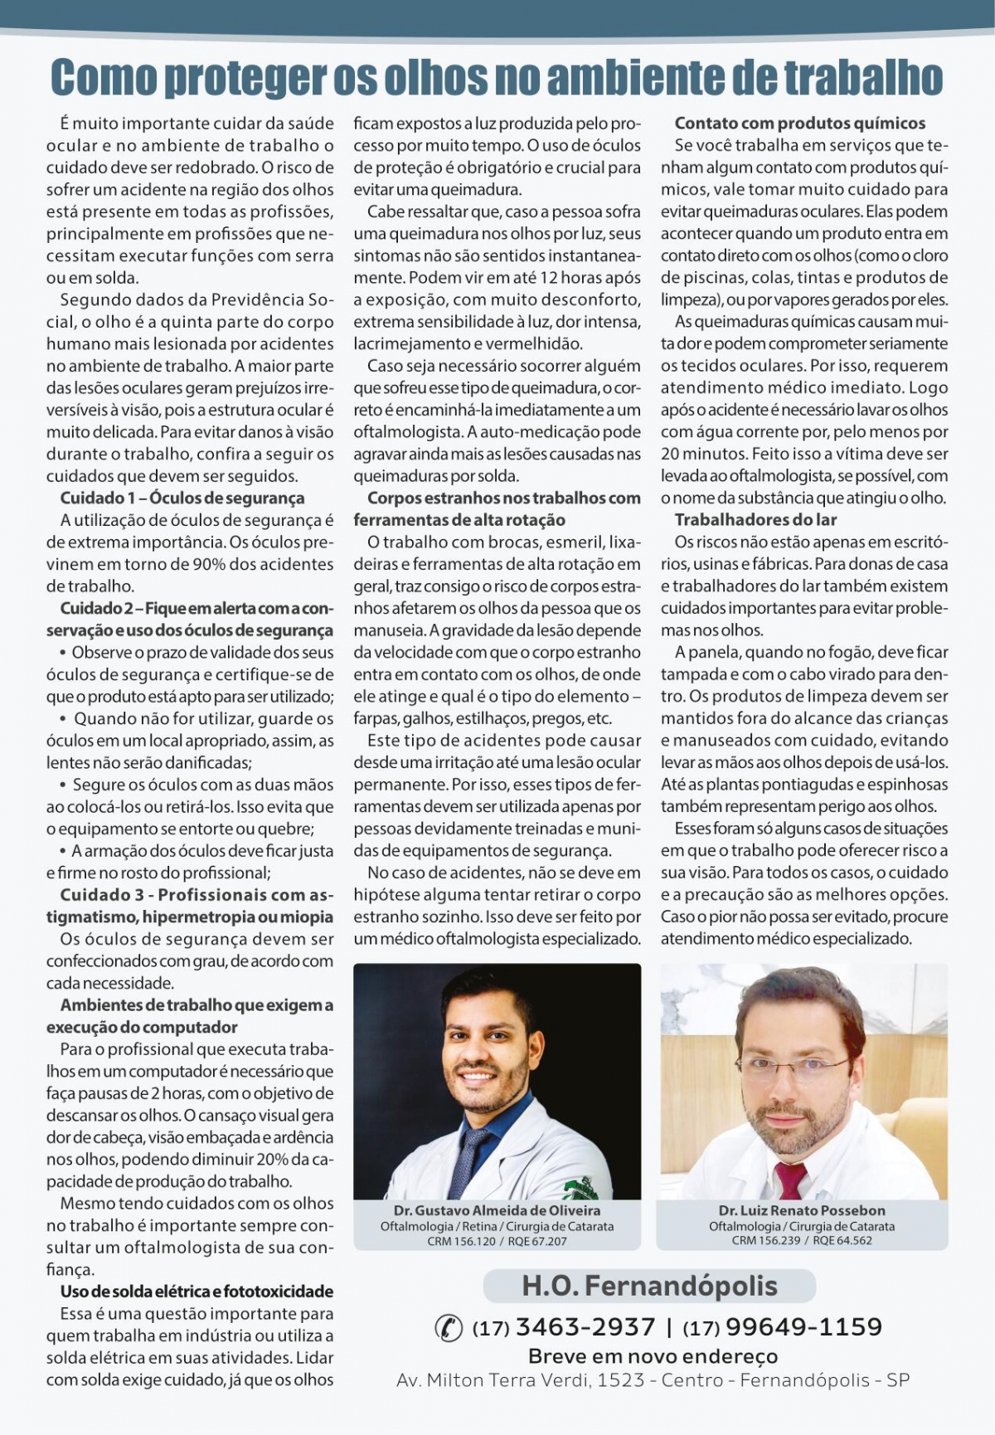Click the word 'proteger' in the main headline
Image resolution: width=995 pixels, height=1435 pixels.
(245, 79)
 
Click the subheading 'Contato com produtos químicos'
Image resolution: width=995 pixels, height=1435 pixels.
(799, 124)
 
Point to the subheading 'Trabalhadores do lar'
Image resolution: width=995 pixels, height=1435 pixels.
(755, 520)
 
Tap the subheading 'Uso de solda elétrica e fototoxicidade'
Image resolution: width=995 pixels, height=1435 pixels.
(197, 1291)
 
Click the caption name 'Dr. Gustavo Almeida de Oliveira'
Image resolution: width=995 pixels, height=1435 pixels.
(498, 1210)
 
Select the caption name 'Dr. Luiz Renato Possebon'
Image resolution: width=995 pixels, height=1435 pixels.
(802, 1210)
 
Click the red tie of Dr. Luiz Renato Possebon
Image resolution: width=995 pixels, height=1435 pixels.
(789, 1179)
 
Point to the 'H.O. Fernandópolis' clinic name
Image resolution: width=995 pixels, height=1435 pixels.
(649, 1286)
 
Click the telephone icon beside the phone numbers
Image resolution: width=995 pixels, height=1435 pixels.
(449, 1327)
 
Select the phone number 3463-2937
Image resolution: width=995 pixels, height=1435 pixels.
(585, 1327)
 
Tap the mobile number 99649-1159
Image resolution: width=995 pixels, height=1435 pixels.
(803, 1327)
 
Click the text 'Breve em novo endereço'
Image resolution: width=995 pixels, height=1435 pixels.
(653, 1356)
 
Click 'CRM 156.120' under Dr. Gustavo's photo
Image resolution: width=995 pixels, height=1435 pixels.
(461, 1241)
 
